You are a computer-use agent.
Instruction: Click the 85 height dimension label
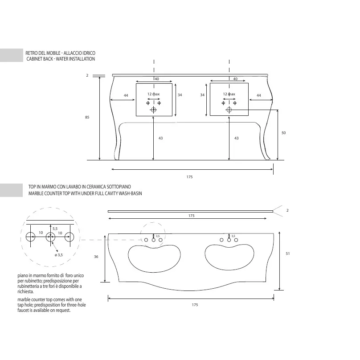tap(87, 117)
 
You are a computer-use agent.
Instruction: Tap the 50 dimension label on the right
tap(283, 133)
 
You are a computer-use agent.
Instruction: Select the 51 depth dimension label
tap(288, 254)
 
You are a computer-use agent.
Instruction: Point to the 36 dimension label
tap(96, 257)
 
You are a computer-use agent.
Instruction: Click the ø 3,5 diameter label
tap(59, 255)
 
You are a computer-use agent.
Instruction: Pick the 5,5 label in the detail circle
tap(55, 229)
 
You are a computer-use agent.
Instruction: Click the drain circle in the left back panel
tap(153, 110)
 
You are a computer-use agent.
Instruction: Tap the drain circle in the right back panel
tap(229, 110)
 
